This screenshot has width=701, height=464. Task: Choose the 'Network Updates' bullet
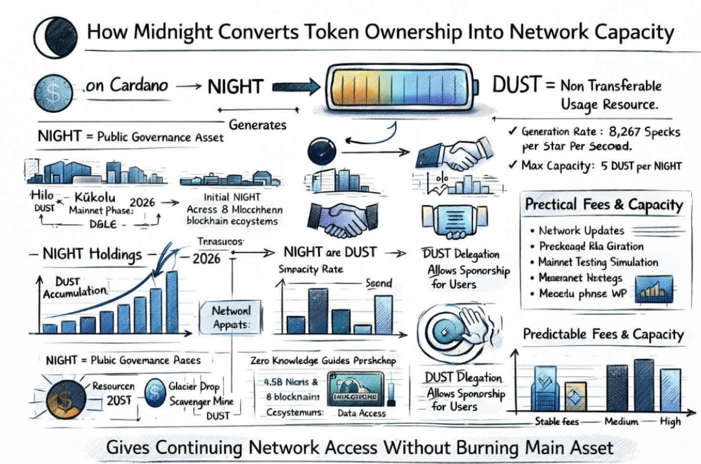(x=582, y=230)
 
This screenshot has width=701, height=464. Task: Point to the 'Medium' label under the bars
(x=621, y=422)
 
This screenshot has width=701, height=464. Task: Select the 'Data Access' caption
(x=362, y=413)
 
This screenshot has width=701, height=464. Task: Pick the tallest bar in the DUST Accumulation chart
(x=171, y=301)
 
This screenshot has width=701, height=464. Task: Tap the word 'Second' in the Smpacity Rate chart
(x=378, y=283)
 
